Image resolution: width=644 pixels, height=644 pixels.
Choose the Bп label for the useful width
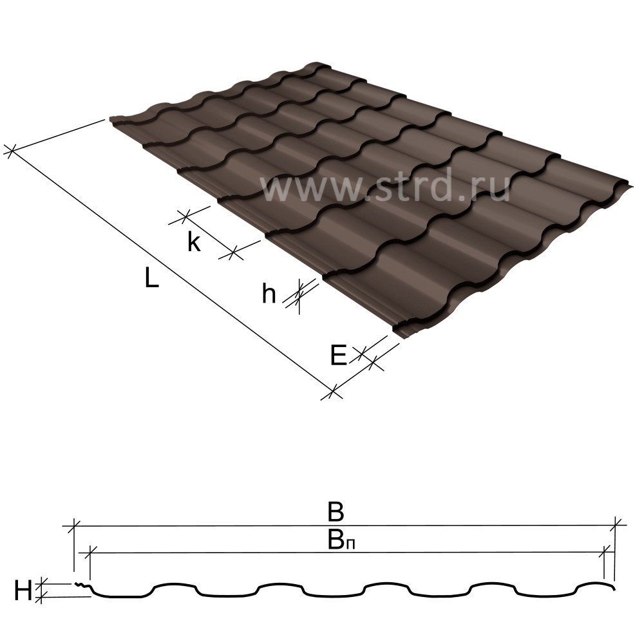click(341, 540)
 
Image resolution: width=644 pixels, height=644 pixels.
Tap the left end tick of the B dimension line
click(73, 526)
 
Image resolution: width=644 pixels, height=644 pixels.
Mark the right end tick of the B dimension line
click(615, 526)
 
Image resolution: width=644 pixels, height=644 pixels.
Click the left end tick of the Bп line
click(90, 553)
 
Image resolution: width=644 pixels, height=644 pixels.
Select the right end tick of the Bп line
click(604, 553)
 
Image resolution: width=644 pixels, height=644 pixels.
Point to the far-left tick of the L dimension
click(12, 150)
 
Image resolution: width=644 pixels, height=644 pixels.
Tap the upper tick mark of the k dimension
click(185, 217)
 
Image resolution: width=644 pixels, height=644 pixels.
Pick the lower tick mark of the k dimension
click(233, 252)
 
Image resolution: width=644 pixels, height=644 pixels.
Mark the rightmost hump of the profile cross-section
click(594, 583)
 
